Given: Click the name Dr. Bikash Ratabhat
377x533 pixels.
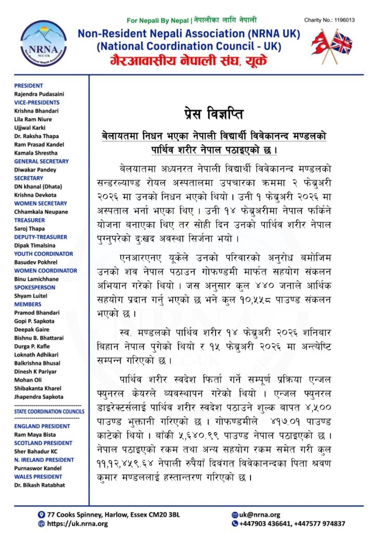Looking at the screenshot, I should (x=40, y=485).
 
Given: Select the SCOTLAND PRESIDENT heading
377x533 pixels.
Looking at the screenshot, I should (x=42, y=443).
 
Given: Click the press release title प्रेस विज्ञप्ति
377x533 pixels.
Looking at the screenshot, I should (x=213, y=113).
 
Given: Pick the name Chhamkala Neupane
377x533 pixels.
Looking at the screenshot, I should (x=41, y=212).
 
